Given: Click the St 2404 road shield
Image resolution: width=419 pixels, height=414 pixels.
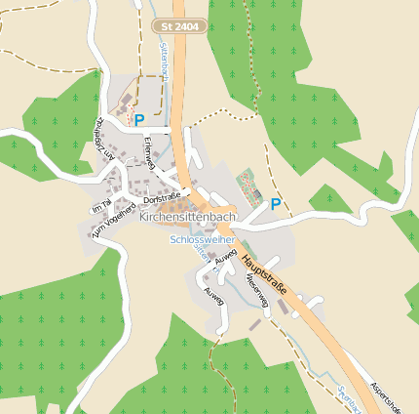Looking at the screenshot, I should point(180,25).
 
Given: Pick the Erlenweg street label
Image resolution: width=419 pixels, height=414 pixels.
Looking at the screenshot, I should point(149,153).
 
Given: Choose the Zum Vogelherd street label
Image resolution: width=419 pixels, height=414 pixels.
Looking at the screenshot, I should point(114,222).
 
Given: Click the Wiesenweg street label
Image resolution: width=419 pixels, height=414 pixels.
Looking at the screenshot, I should point(256,290).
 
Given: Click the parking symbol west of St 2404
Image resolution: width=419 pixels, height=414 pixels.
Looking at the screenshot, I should point(139,120).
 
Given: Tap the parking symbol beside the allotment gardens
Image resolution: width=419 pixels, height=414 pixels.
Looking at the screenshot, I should point(276,204).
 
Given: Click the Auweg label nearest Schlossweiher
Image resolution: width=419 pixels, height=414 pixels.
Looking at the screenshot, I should point(225,257).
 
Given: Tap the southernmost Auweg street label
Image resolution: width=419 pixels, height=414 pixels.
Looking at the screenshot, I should point(212,294).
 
